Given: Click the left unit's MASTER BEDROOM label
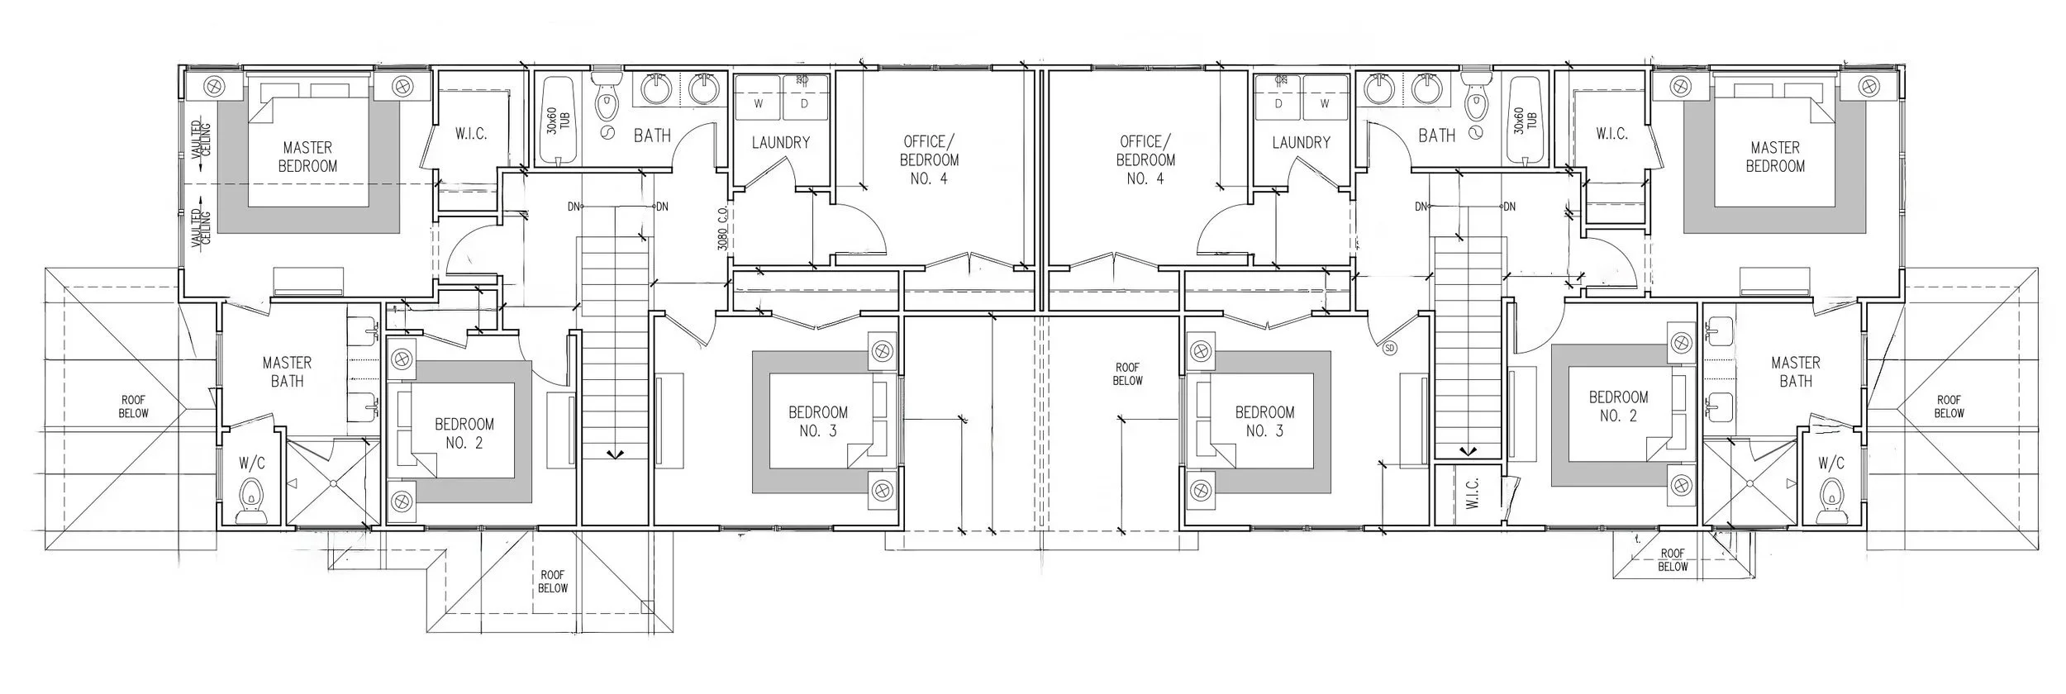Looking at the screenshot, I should click(307, 156).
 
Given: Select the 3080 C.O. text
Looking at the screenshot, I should click(721, 229).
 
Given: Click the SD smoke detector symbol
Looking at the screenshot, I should click(1389, 349).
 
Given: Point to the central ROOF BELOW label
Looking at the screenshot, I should click(1127, 373).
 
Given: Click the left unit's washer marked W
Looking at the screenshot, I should click(759, 104).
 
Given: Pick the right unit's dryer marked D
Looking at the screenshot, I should click(1278, 104).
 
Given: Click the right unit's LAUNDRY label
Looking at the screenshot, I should click(1301, 142).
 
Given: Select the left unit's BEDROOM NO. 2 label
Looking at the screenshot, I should click(464, 433).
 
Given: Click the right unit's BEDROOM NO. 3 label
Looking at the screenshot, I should click(1264, 421).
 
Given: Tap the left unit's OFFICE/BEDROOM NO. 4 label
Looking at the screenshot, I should click(929, 159).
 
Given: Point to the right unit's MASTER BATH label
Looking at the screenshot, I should click(1795, 372).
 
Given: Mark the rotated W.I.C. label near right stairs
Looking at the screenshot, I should click(1473, 495).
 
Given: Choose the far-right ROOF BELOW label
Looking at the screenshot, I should click(1948, 406).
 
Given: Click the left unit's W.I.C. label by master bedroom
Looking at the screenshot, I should click(471, 133).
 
